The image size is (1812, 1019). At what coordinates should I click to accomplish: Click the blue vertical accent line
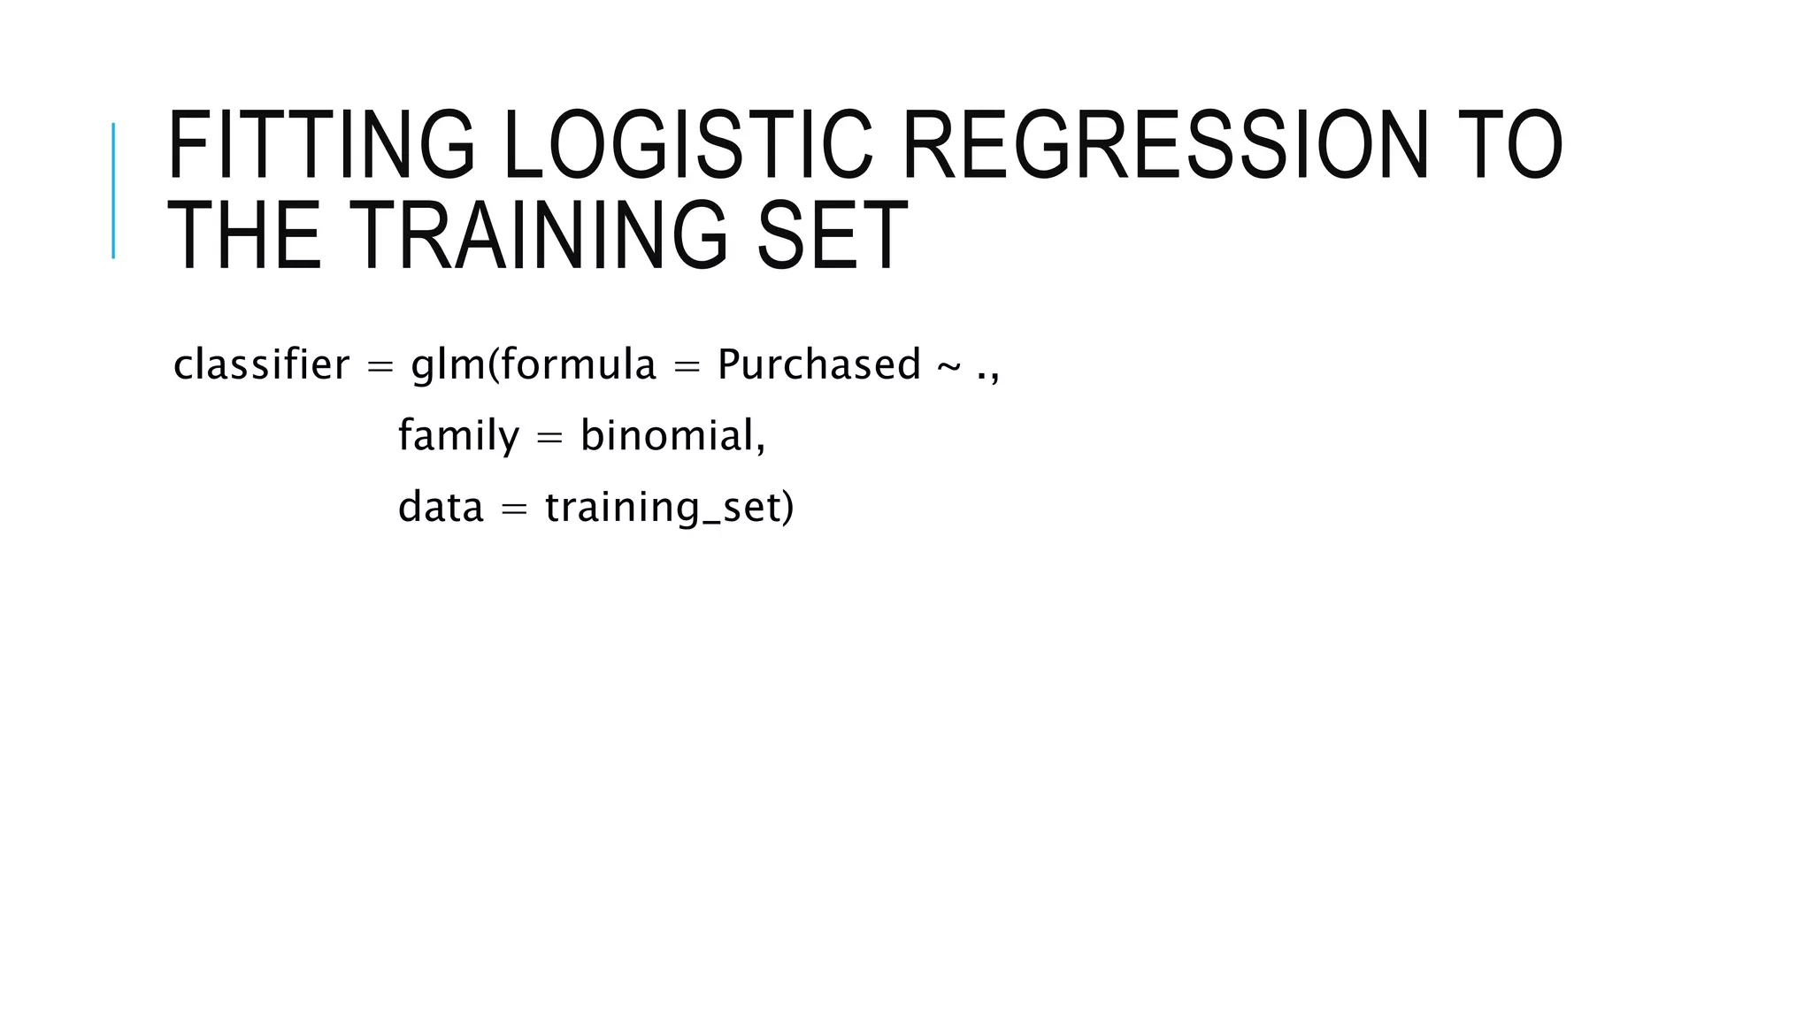(113, 190)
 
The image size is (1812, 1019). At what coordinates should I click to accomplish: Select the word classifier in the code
(261, 364)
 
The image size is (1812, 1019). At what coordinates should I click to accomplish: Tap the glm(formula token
(534, 364)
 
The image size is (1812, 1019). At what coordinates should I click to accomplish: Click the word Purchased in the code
(819, 364)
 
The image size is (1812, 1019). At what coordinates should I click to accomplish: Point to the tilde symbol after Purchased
(948, 366)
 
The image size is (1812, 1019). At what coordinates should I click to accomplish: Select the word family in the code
(458, 436)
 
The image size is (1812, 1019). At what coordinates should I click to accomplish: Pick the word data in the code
(441, 508)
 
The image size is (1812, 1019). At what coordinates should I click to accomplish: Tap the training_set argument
(669, 508)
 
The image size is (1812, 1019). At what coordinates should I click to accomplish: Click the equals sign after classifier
(380, 366)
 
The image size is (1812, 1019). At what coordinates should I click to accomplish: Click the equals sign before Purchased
(687, 366)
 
